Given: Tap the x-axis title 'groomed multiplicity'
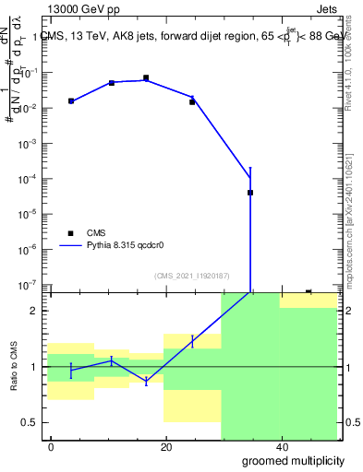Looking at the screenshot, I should point(287,459).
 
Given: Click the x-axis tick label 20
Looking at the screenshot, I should point(166,447).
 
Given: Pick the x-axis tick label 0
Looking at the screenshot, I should point(52,447).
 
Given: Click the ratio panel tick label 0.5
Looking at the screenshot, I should point(34,422).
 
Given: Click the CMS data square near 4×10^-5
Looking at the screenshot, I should point(250,193).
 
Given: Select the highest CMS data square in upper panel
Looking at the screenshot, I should point(146,78).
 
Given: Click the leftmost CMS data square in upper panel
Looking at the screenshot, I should point(71,101).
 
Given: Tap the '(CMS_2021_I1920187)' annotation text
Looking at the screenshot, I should point(192,276).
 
